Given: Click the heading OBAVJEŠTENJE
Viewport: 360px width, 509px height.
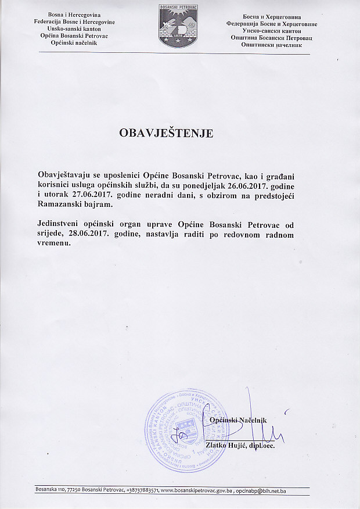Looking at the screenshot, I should tap(166, 133).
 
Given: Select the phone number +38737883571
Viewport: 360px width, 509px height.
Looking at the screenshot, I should tap(135, 492).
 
